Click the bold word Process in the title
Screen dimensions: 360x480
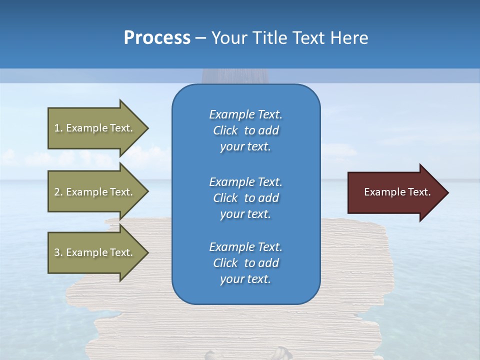[x=157, y=38]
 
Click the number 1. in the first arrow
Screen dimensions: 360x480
[x=58, y=128]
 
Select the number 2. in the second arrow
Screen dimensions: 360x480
[x=58, y=192]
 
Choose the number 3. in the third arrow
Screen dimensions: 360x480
[x=58, y=252]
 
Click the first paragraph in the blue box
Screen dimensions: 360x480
[x=245, y=130]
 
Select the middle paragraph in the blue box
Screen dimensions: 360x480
[x=245, y=198]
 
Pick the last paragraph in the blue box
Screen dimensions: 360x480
[x=245, y=263]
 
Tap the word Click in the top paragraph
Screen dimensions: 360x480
[x=225, y=130]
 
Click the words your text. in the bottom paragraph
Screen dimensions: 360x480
[x=245, y=279]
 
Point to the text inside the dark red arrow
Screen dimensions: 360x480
[x=397, y=192]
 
